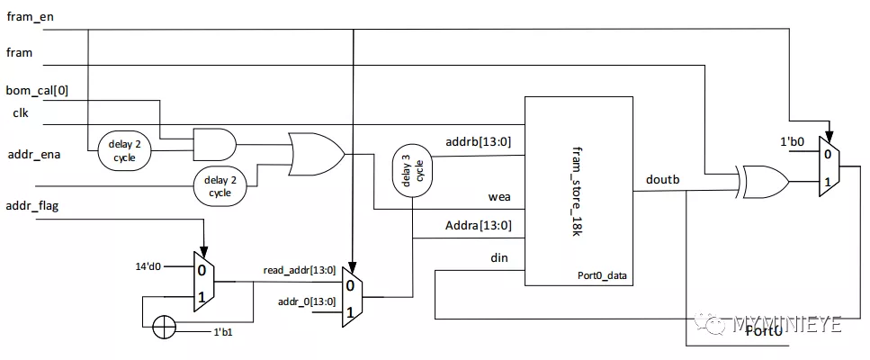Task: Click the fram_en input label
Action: tap(30, 16)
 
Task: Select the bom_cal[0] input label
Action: tap(37, 90)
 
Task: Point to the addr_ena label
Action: tap(32, 155)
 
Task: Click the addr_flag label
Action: tap(32, 207)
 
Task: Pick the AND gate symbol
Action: tap(214, 145)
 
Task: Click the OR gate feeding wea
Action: tap(317, 154)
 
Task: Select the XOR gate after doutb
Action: tap(762, 183)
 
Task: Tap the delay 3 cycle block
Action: tap(412, 170)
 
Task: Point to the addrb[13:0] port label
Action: tap(479, 142)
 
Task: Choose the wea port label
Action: tap(500, 196)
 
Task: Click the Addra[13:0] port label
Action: tap(479, 226)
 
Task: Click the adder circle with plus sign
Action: tap(164, 328)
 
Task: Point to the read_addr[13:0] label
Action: tap(300, 270)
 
